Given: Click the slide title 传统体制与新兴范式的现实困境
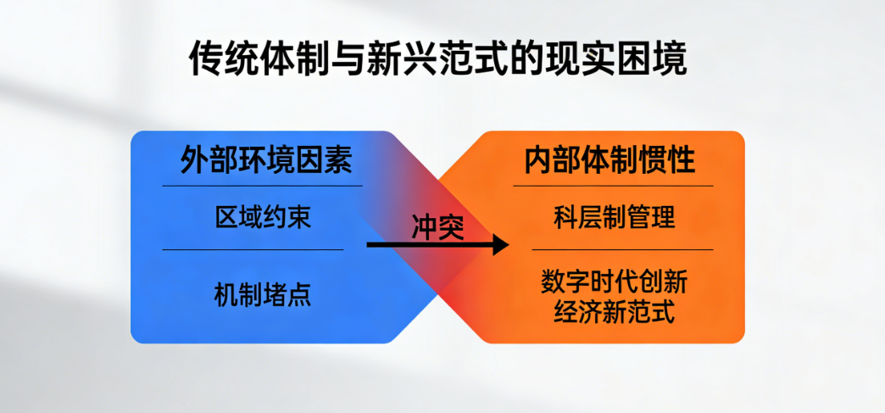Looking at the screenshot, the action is point(438,59).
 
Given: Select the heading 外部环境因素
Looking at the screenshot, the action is point(266,161).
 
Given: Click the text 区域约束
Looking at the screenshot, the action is point(263,217).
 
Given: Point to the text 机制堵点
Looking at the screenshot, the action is point(263,295).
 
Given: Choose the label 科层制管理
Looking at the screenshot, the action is point(614,217).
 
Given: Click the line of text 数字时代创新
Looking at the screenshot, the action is point(614,282).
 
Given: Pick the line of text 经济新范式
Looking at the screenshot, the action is point(614,312).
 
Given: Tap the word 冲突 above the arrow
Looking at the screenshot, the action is point(437,228).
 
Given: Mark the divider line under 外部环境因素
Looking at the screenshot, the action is point(263,186).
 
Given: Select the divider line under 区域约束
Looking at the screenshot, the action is point(253,249).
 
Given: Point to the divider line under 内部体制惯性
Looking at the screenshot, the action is point(613,186).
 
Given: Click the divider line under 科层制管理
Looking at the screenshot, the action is point(622,249).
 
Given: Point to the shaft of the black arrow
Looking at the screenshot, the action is point(430,244).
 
